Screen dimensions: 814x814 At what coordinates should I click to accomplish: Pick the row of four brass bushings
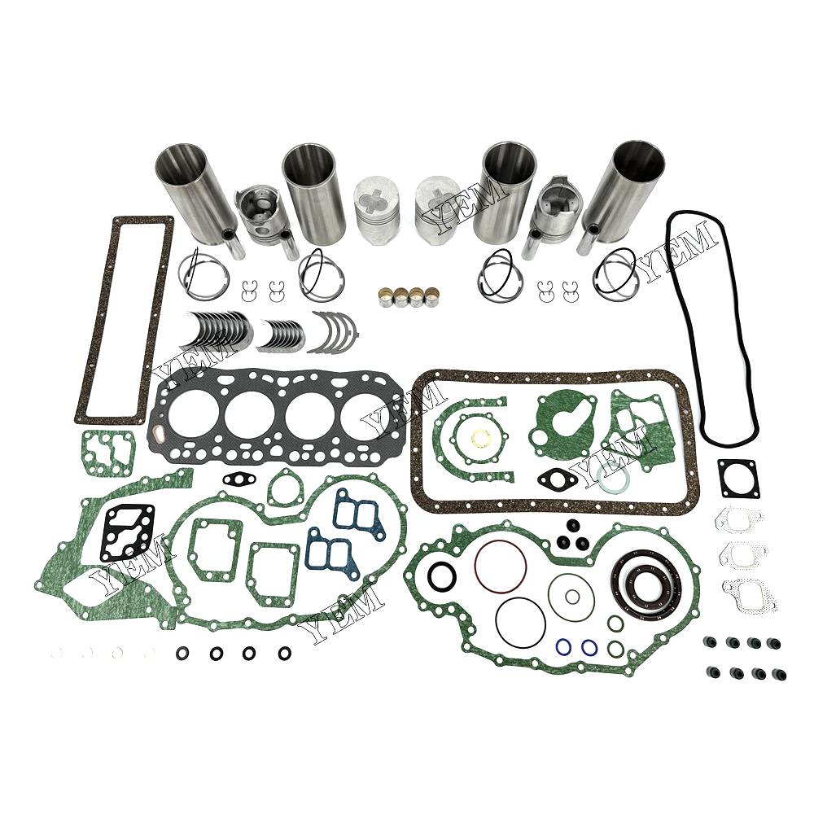coord(408,296)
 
